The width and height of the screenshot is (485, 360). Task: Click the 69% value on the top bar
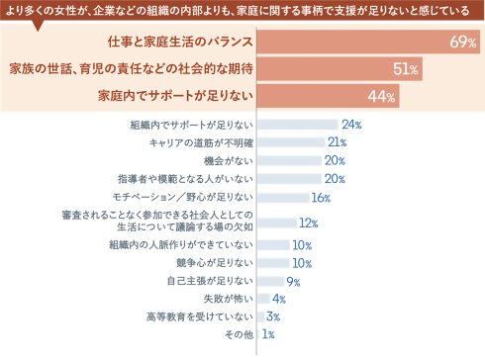tap(463, 43)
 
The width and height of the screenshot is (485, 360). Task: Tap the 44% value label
tap(381, 96)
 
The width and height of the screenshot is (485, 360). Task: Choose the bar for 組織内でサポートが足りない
tap(296, 125)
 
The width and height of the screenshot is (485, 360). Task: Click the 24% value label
tap(350, 125)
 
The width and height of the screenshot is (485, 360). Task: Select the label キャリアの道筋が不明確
tap(194, 142)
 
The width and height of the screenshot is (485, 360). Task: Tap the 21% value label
tap(337, 142)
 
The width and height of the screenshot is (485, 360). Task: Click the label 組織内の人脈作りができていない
tap(182, 244)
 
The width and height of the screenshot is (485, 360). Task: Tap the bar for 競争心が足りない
tap(274, 263)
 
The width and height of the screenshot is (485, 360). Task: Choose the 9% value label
tap(292, 281)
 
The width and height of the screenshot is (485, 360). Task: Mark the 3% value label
tap(273, 316)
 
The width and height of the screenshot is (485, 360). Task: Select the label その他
tap(240, 335)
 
